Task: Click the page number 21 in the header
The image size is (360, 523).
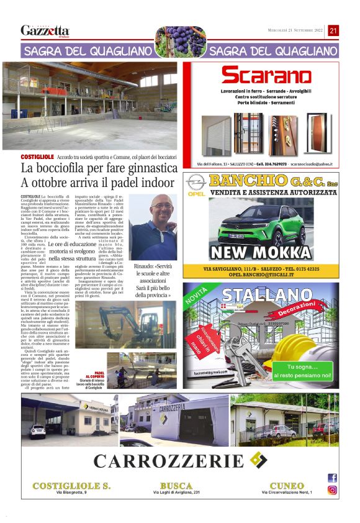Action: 333,30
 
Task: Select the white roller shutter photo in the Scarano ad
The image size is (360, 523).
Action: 217,134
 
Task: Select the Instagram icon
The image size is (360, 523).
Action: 332,490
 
